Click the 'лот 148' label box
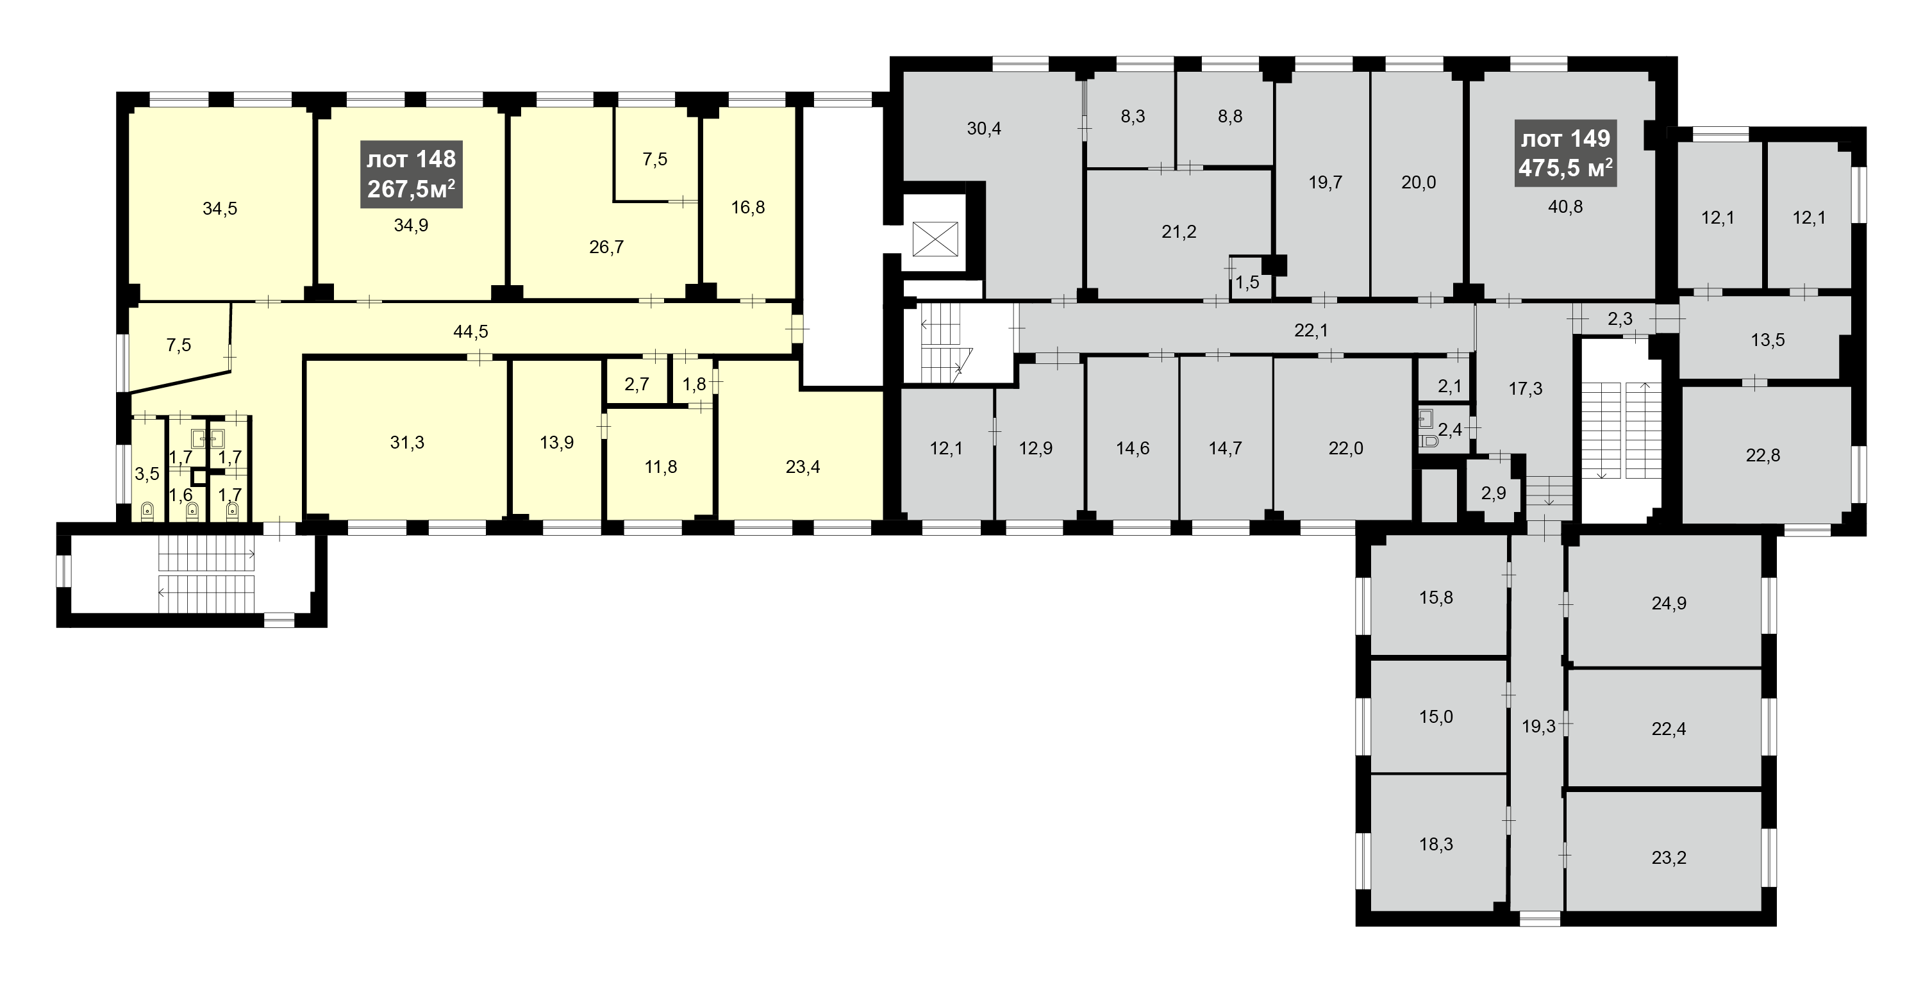click(412, 174)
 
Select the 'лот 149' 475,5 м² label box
click(1565, 153)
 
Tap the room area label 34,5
click(219, 209)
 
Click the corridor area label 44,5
click(470, 331)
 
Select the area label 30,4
click(984, 128)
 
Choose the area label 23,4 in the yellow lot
click(803, 467)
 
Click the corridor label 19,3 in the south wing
click(1538, 726)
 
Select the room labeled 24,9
click(1669, 603)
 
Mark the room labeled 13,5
click(1768, 340)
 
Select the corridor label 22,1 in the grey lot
click(1311, 331)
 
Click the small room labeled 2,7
click(637, 384)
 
